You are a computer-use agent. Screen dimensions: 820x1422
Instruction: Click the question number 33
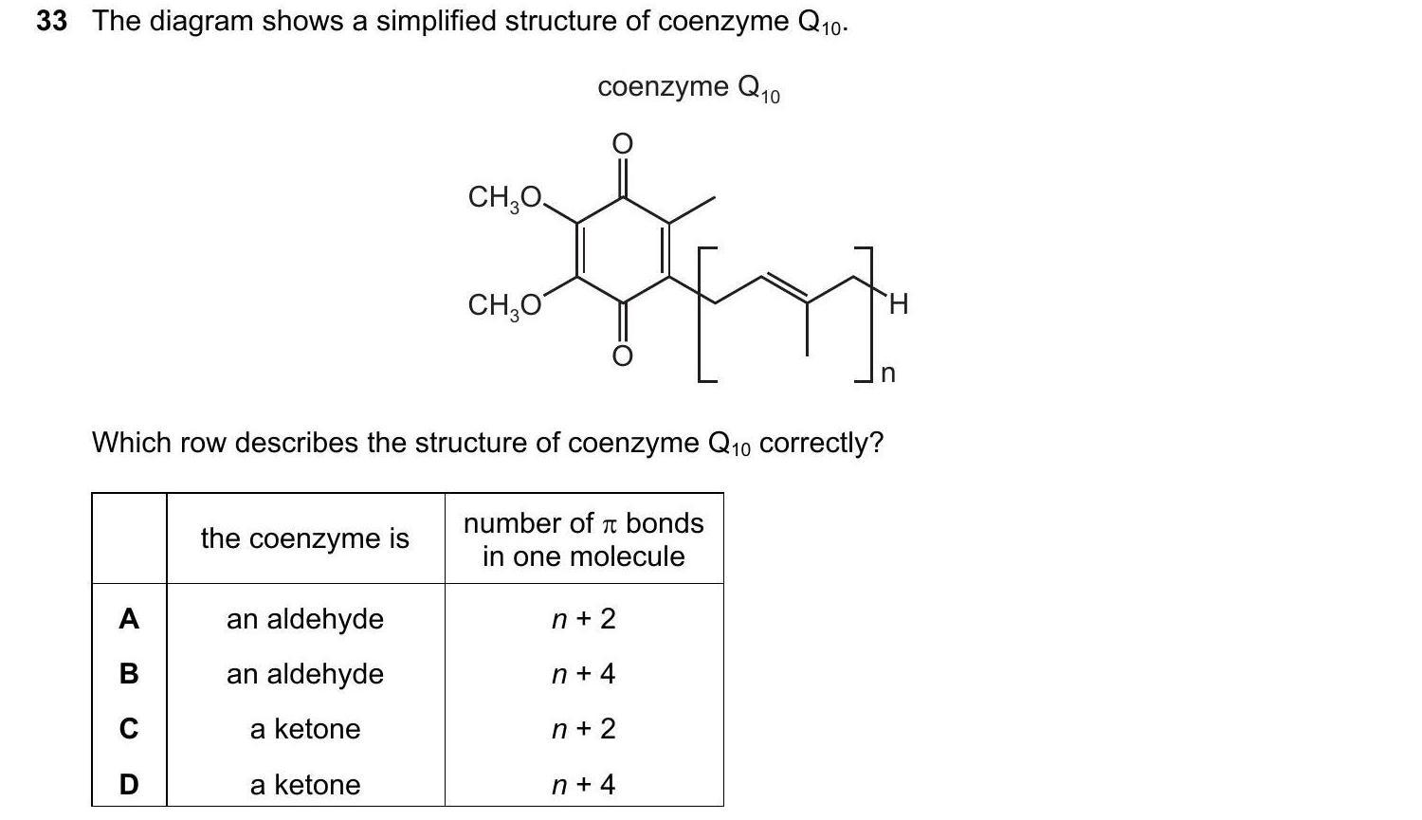[52, 21]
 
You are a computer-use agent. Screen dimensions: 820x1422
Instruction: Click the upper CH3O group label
[504, 198]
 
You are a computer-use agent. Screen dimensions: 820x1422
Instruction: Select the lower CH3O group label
[504, 305]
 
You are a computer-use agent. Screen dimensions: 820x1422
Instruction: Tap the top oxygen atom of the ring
[621, 144]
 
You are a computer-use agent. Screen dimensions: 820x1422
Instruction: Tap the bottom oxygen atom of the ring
[621, 356]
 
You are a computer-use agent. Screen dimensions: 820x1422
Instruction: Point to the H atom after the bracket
[899, 304]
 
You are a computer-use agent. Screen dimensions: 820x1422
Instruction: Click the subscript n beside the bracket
[887, 374]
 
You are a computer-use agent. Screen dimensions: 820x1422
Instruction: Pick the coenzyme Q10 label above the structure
[688, 88]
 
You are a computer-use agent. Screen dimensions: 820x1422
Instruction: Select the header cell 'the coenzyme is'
[305, 538]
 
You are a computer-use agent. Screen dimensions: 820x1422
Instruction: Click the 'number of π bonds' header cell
[583, 538]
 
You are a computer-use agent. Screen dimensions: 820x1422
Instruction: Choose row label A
[129, 619]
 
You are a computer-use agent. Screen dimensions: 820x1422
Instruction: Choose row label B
[129, 674]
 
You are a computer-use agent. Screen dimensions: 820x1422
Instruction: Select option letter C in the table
[129, 729]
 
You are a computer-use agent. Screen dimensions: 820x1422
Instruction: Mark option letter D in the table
[129, 785]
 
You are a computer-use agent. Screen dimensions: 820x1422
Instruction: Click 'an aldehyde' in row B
[305, 674]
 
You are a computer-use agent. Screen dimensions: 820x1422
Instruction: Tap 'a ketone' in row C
[305, 729]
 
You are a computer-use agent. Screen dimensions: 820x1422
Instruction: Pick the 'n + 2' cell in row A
[583, 619]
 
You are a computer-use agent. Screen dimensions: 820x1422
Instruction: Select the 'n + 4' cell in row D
[583, 785]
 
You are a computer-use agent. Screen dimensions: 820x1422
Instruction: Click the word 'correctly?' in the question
[821, 443]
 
